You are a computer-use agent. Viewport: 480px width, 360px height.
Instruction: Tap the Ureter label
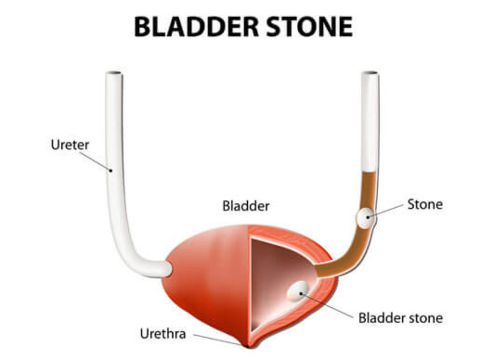70,145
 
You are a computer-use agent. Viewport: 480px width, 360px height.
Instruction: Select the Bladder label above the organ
246,206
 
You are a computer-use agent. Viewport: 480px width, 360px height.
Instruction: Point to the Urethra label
163,333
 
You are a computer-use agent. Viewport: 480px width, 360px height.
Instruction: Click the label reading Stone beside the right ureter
425,204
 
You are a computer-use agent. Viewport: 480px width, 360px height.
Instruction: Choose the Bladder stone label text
400,318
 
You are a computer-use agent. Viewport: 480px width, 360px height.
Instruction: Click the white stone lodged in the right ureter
366,218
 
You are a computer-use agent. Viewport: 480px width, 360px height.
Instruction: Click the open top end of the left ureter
114,74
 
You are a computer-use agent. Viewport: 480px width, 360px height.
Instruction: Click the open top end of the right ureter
370,74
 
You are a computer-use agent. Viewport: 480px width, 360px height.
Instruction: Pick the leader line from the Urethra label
217,339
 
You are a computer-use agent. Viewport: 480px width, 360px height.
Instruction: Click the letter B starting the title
142,27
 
